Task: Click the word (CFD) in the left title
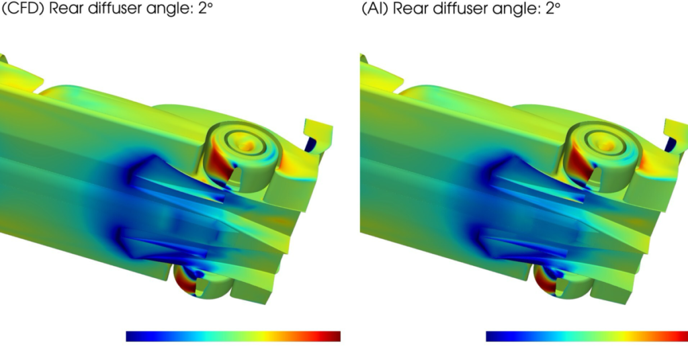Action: coord(23,8)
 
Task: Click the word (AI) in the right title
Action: coord(375,8)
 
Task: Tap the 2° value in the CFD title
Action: coord(205,7)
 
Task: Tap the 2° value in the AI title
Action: coord(553,7)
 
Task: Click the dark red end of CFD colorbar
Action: coord(335,336)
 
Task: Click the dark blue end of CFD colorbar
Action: coord(132,336)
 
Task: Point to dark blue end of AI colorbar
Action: coord(492,336)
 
